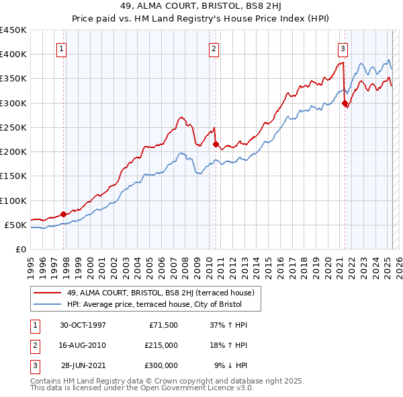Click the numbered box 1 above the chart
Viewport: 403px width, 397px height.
click(x=61, y=48)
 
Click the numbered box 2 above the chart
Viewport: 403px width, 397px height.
click(x=214, y=48)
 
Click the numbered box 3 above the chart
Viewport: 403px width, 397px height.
click(x=343, y=48)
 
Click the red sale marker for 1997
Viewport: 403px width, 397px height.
click(x=64, y=214)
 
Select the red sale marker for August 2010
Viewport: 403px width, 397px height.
click(x=216, y=144)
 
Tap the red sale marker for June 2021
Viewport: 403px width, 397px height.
click(x=345, y=103)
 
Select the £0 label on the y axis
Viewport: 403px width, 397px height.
click(x=20, y=249)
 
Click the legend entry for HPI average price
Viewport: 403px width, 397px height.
click(x=153, y=305)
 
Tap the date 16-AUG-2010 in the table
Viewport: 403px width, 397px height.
click(x=83, y=345)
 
